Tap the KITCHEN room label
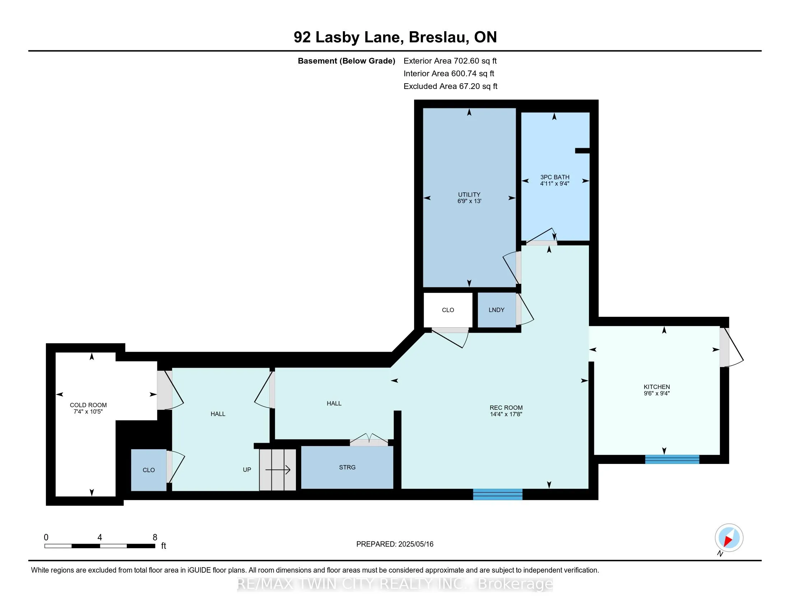pos(657,387)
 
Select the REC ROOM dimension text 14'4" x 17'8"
pos(506,414)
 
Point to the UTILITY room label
pos(469,194)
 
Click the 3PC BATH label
pos(555,177)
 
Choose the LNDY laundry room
pos(497,310)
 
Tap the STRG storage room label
pos(347,467)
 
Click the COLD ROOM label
pos(88,405)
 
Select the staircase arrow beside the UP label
pos(278,470)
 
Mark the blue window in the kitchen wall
pos(672,459)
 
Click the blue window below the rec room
pos(498,494)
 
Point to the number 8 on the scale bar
pos(155,538)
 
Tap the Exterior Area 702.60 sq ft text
pos(450,61)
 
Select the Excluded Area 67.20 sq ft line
pos(451,86)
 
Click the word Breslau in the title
pos(438,37)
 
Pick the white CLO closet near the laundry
pos(448,310)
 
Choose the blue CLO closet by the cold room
pos(149,470)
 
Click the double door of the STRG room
pos(369,440)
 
